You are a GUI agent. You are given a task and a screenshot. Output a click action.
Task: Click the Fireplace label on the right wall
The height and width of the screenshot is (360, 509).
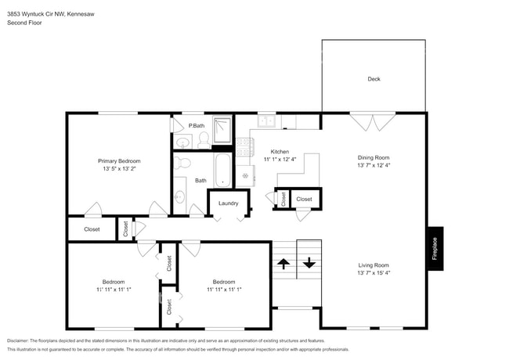pos(435,248)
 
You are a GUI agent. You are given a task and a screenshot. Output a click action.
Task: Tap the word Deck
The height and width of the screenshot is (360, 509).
pos(374,79)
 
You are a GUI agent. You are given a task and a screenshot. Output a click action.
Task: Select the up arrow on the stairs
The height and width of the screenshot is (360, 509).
pos(283,264)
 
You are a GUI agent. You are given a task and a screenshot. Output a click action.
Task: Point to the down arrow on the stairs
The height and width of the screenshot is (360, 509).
pos(309,263)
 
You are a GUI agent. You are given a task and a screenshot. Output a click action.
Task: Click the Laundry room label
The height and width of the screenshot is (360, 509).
pos(228,203)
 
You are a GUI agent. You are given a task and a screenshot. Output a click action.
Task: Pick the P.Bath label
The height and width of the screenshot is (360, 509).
pos(196,125)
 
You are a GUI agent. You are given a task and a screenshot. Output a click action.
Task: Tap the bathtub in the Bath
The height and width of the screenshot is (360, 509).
pos(222,169)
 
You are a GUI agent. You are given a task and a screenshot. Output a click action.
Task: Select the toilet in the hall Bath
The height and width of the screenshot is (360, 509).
pos(182,164)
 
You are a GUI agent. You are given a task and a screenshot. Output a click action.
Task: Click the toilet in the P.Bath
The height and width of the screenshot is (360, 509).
pos(203,140)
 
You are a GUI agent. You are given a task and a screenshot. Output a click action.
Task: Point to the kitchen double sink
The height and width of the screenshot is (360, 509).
pos(266,121)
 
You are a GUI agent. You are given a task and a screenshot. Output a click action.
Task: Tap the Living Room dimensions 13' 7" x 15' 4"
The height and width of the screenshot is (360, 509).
pos(373,273)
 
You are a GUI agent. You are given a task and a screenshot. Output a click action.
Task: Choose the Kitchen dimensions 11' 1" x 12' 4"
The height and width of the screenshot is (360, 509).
pos(280,160)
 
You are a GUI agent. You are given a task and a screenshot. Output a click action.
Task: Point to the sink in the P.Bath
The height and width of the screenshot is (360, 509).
pos(183,142)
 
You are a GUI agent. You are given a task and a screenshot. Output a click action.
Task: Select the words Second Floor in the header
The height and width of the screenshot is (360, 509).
pos(24,23)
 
